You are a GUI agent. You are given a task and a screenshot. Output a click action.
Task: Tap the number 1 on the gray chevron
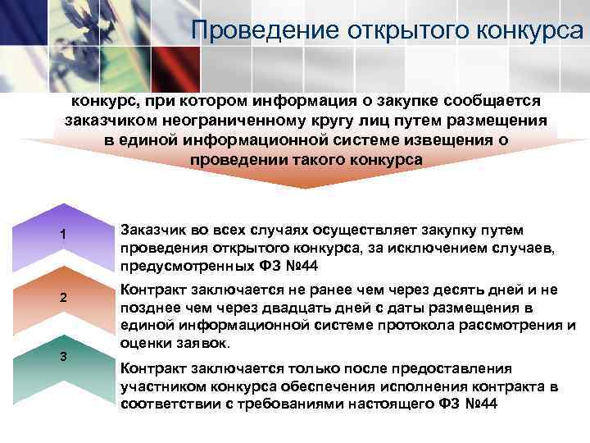(62, 237)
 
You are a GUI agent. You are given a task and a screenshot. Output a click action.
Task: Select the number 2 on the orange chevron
(62, 296)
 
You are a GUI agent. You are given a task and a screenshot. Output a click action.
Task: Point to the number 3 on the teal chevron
(62, 355)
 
